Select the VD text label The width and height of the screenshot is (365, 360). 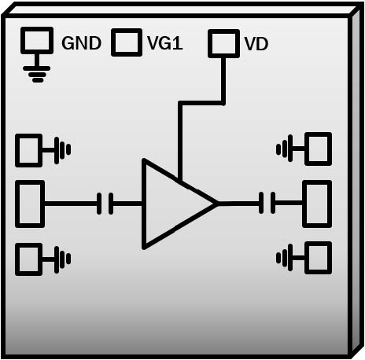click(256, 43)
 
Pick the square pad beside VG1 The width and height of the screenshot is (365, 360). click(126, 42)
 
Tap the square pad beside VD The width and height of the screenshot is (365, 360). click(223, 43)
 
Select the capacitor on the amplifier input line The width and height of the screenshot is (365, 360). click(105, 204)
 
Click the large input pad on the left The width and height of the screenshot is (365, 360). click(30, 204)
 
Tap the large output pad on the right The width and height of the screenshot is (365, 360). click(317, 204)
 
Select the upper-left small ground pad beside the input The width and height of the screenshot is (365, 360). click(29, 149)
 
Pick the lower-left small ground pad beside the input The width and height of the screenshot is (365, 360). click(29, 257)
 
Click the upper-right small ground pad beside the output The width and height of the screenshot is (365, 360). click(319, 147)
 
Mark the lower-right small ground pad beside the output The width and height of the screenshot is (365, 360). click(319, 257)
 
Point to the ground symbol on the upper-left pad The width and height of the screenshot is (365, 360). click(62, 149)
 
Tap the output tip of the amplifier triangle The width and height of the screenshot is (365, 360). click(216, 204)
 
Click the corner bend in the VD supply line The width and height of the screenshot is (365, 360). click(180, 103)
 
